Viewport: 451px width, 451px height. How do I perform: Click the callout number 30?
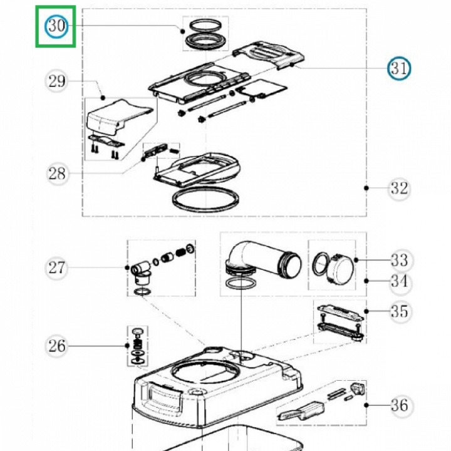56,26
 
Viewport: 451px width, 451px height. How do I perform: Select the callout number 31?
399,69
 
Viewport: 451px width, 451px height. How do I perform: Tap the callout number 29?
56,81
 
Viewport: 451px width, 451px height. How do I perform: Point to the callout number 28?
57,174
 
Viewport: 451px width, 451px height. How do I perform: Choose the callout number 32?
399,189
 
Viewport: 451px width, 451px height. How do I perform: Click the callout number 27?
56,268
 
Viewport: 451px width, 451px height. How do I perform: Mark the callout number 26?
56,346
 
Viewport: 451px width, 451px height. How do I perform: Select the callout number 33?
400,261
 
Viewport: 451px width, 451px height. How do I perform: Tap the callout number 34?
400,281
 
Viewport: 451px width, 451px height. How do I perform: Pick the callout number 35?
400,311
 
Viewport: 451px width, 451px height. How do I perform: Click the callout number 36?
400,405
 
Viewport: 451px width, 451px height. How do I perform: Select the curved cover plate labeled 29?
118,117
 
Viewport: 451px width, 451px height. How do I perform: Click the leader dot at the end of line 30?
182,31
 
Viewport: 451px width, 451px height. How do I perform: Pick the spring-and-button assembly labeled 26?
137,346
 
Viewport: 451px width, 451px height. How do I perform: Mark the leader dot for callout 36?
366,405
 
